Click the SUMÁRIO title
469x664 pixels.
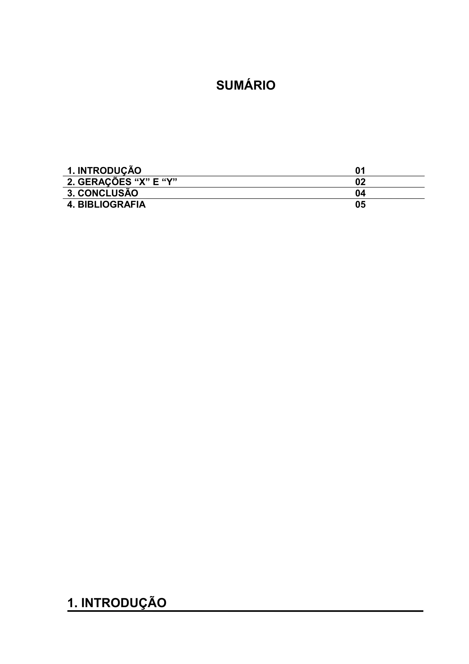[246, 86]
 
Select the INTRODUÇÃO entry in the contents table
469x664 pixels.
[109, 171]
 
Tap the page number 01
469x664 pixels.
[360, 171]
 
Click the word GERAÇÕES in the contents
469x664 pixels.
[104, 182]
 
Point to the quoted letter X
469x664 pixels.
[142, 182]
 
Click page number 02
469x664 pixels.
[360, 182]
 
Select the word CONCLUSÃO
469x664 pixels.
[108, 193]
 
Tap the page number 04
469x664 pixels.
[360, 193]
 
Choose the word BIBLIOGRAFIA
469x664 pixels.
[112, 204]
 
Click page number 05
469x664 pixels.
[360, 204]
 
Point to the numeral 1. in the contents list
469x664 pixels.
[71, 171]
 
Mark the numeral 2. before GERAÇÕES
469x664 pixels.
[71, 182]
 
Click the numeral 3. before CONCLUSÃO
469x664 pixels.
[71, 193]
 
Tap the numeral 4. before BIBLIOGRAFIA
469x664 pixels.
[71, 204]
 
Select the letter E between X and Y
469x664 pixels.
[155, 182]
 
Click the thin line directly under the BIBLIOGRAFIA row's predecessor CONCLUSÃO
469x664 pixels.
[244, 199]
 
